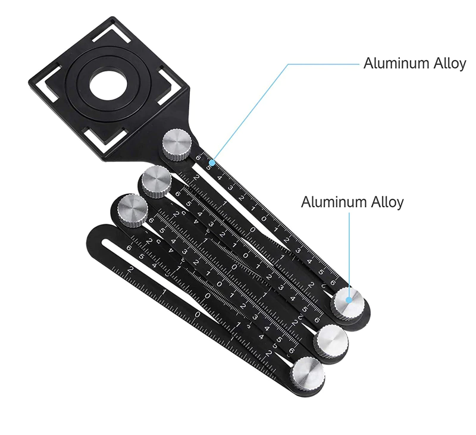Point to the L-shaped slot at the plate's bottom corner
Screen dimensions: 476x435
tap(105, 137)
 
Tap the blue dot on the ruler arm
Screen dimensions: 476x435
tap(212, 163)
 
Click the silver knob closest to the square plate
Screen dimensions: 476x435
tap(177, 145)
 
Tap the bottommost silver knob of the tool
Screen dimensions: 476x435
tap(307, 373)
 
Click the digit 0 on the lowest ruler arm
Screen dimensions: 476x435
tap(198, 314)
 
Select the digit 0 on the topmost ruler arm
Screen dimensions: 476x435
tap(264, 218)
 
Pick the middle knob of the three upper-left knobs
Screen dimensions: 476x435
tap(156, 182)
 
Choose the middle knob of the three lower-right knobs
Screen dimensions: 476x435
tap(331, 340)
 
